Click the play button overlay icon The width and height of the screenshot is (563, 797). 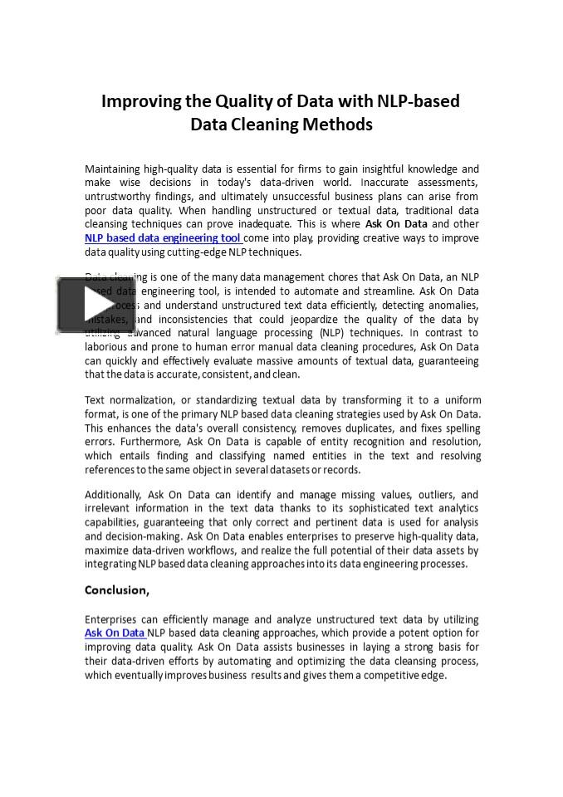(85, 306)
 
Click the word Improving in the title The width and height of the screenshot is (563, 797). (140, 101)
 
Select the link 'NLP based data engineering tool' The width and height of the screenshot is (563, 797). (163, 238)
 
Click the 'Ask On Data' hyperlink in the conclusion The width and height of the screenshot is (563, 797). (115, 633)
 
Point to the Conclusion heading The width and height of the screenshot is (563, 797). (117, 590)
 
